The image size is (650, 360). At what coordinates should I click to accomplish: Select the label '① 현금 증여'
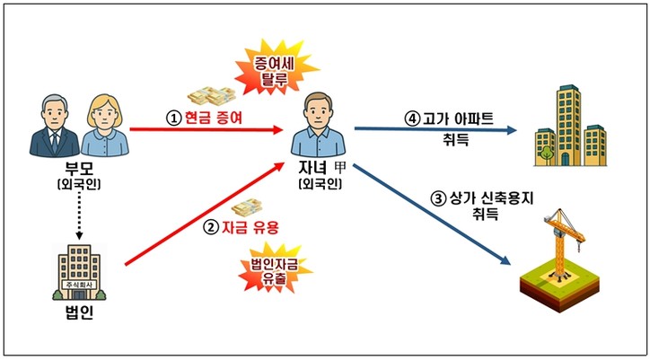click(204, 119)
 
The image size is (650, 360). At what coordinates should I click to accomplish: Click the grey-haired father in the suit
click(54, 126)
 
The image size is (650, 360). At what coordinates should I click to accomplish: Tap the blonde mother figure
click(104, 126)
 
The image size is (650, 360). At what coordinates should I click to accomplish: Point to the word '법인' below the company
click(79, 312)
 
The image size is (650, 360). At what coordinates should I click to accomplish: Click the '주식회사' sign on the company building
click(79, 285)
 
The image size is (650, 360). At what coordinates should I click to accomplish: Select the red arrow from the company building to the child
click(205, 214)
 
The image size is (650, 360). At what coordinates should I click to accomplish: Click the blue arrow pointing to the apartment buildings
click(435, 129)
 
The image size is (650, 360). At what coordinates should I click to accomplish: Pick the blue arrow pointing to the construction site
click(432, 214)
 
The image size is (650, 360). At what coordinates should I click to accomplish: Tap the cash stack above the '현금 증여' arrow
click(211, 96)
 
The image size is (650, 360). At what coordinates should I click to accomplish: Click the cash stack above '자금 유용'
click(247, 207)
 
